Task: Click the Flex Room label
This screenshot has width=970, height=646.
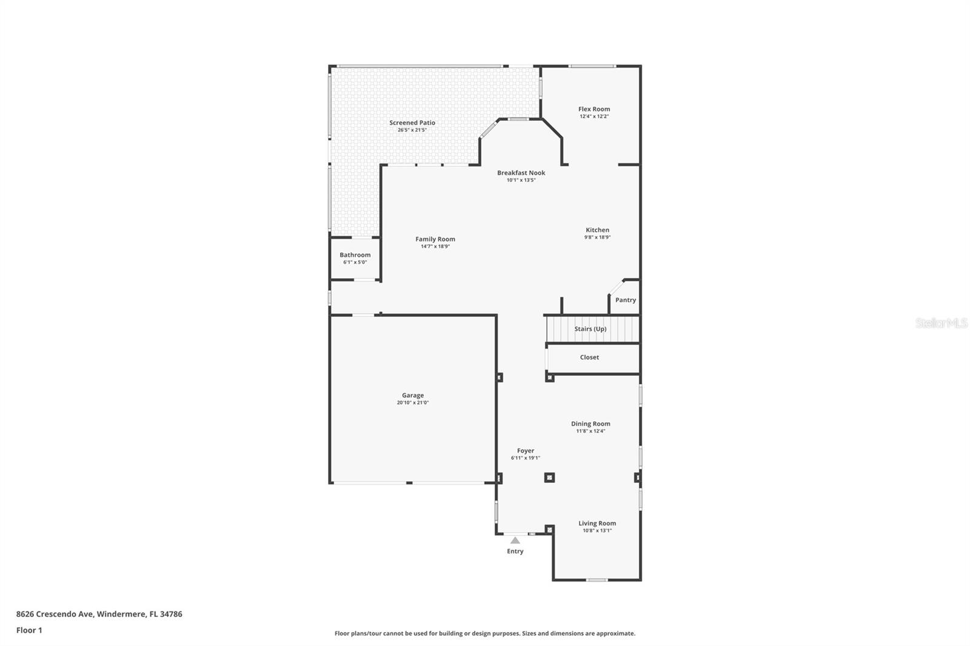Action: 594,109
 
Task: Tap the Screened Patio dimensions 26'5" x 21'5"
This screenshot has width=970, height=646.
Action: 412,130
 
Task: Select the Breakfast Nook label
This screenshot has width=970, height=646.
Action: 521,173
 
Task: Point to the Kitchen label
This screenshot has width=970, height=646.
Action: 597,230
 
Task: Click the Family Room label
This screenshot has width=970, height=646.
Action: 435,239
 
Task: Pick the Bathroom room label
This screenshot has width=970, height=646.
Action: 355,255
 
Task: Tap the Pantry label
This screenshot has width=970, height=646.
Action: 625,300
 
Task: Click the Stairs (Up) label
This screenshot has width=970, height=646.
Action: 590,328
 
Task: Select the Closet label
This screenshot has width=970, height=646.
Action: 589,357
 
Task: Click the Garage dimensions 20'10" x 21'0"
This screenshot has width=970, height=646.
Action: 412,402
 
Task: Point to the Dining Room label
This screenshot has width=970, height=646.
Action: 590,424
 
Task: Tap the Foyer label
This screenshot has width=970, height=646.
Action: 525,450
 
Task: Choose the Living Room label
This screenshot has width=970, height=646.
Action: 597,523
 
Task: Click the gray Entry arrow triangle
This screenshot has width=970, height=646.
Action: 515,540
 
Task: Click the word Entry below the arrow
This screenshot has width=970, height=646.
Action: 515,551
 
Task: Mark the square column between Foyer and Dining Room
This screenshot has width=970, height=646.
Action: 549,478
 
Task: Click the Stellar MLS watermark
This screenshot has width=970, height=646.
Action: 941,323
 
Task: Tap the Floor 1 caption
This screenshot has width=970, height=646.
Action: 29,630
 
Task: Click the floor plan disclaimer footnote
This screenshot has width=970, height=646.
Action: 484,633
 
